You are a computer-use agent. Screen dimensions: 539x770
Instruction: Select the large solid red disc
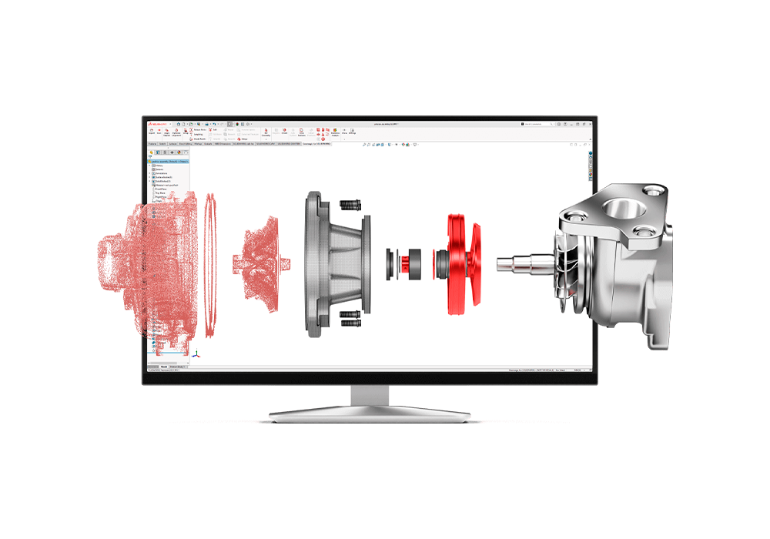pos(460,262)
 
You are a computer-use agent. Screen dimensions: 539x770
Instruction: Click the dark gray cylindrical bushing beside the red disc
pos(416,262)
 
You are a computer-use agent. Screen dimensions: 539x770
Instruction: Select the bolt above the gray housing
pos(351,206)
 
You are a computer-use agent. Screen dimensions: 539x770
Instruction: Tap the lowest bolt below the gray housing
pos(350,324)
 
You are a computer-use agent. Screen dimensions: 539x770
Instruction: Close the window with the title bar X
pos(590,123)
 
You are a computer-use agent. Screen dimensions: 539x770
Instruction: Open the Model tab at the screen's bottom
pos(164,367)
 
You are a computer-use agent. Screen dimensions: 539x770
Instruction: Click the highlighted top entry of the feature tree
pos(167,160)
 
